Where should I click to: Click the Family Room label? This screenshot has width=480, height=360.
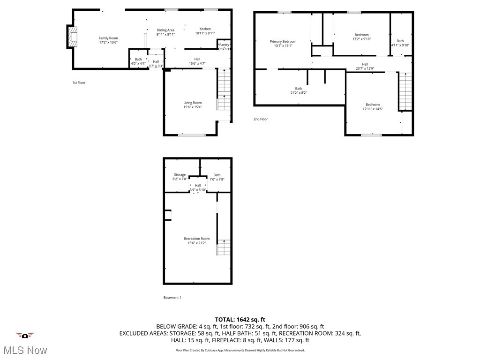tap(108, 38)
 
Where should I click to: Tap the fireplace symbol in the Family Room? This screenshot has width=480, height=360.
tap(72, 37)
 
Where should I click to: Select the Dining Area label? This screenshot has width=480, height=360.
tap(165, 30)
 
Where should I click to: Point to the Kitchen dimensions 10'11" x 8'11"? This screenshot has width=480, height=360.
tap(205, 34)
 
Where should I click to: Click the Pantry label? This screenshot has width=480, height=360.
tap(224, 45)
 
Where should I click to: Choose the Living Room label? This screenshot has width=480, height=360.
tap(192, 103)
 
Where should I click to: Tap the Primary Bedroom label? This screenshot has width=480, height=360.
tap(283, 41)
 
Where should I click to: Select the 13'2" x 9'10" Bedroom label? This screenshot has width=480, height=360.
tap(361, 35)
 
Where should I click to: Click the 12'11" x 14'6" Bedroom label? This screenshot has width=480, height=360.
tap(373, 105)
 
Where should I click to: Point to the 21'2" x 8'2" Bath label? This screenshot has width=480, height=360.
tap(299, 89)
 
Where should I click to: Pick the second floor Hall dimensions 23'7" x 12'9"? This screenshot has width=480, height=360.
tap(365, 68)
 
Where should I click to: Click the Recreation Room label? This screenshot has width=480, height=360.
tap(196, 239)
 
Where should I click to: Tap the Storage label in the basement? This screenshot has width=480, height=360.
tap(180, 174)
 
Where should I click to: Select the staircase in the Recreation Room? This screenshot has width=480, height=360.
tap(225, 247)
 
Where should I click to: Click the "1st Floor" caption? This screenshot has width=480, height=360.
tap(79, 82)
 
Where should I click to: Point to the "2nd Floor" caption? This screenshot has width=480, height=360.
tap(261, 119)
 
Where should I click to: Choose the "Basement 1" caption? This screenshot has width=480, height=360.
tap(172, 298)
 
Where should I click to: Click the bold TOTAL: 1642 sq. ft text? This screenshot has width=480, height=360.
tap(240, 319)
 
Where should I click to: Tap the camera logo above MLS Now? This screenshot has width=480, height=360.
tap(25, 335)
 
